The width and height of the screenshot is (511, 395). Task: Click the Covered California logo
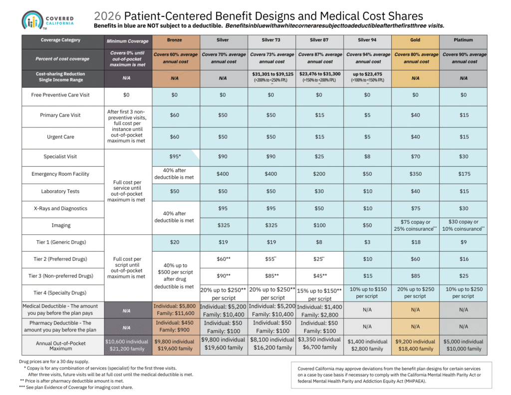(48, 19)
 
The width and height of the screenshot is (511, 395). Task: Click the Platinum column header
(464, 40)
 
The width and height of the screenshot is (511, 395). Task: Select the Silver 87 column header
(320, 40)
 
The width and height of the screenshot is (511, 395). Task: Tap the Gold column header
(415, 40)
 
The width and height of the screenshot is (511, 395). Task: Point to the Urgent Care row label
(60, 137)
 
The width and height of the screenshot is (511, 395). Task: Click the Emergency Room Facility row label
(60, 174)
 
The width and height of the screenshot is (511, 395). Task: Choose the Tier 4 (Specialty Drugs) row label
(60, 293)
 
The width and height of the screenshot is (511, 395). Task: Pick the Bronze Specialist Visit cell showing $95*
(175, 156)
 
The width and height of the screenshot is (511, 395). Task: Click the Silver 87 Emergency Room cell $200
(320, 174)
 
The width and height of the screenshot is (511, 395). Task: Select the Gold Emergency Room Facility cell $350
(415, 174)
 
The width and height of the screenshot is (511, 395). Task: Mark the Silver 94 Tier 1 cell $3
(367, 242)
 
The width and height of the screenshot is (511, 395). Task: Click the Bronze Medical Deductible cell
(175, 310)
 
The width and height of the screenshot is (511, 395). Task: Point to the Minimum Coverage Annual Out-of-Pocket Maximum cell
(127, 345)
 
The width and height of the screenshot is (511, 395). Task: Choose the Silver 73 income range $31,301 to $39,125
(272, 74)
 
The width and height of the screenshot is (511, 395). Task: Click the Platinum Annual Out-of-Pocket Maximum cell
(464, 345)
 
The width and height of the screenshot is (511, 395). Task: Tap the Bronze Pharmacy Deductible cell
(175, 327)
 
